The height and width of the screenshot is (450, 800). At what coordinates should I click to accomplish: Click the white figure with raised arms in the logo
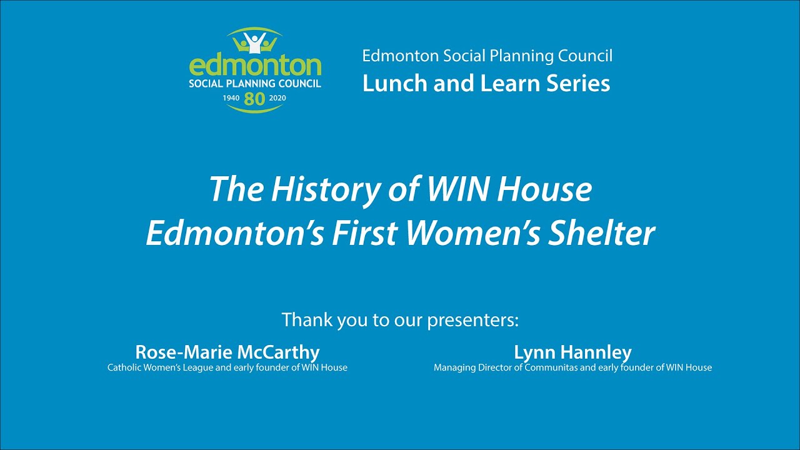[x=254, y=42]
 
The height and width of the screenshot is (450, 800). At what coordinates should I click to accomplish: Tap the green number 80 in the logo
[x=255, y=98]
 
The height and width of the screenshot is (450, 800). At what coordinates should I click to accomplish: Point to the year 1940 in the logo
[x=231, y=98]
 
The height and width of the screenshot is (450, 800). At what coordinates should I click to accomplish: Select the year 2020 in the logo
[x=277, y=98]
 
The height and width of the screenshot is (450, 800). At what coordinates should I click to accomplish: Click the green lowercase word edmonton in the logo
[x=255, y=66]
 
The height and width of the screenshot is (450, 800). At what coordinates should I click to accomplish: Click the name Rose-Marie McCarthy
[x=227, y=352]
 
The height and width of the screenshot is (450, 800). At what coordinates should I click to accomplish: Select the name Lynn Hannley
[x=572, y=352]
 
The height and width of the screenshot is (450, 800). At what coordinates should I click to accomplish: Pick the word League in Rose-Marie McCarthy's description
[x=197, y=367]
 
